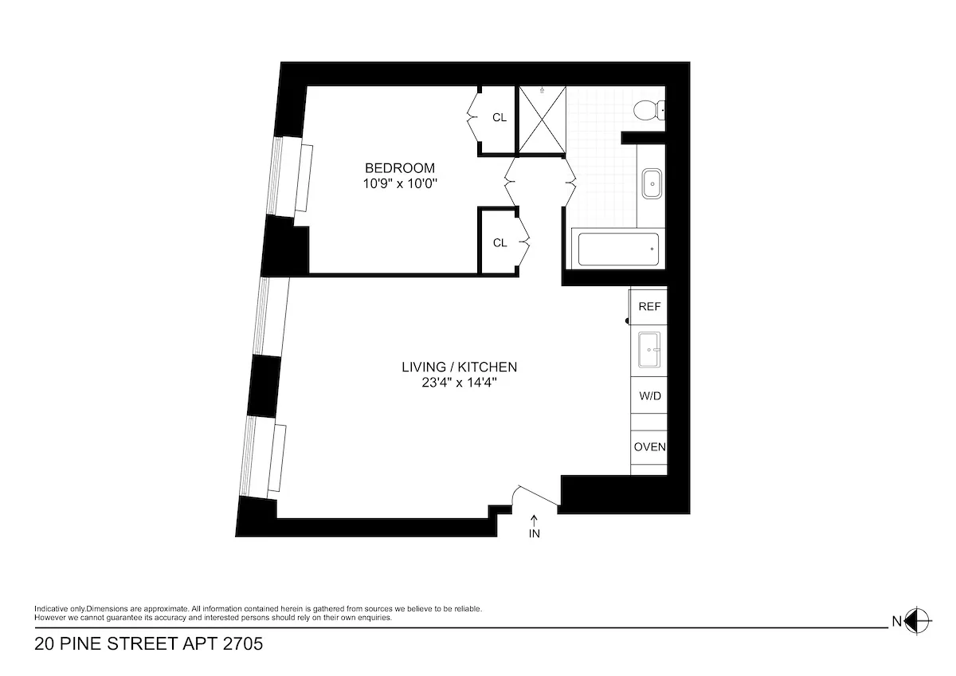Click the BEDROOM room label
[400, 168]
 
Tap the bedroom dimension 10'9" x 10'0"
[400, 183]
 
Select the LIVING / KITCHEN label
[460, 367]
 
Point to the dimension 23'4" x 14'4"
[460, 383]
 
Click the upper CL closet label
[500, 118]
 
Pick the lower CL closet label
[500, 243]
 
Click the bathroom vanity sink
[652, 184]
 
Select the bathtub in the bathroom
[617, 249]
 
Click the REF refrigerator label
[649, 306]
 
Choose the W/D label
[649, 396]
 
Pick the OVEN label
[649, 447]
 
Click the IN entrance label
[534, 534]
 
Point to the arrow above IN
[534, 520]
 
